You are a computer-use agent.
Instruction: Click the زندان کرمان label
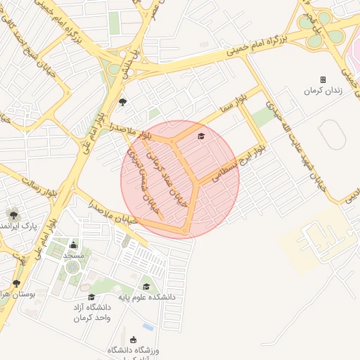coord(322,91)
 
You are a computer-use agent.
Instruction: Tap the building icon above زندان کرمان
coord(323,79)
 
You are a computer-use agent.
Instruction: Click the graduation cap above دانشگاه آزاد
coord(91,297)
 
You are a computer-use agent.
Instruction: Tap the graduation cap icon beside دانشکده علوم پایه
coord(146,286)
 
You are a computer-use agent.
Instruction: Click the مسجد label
coord(74,255)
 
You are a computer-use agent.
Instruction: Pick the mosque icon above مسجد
coord(74,245)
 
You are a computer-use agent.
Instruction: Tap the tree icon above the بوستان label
coord(16,283)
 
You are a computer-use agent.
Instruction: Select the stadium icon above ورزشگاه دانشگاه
coord(134,340)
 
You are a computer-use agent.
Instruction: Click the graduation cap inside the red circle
coord(201,136)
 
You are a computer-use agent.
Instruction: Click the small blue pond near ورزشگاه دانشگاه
coord(148,327)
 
